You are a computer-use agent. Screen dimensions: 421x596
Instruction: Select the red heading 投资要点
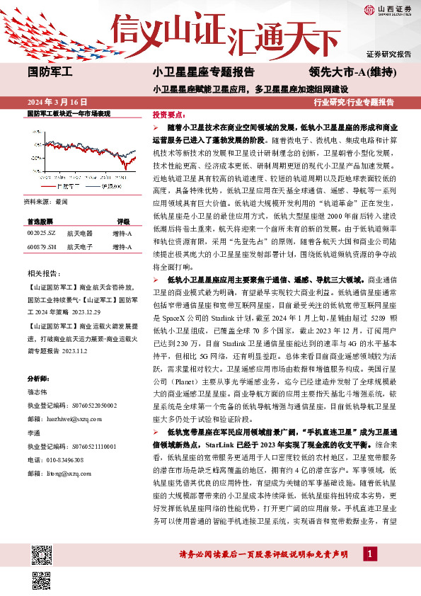(168, 114)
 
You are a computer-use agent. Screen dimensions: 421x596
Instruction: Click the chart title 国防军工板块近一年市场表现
(68, 113)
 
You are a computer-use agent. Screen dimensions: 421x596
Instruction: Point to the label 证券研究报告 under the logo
(388, 54)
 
